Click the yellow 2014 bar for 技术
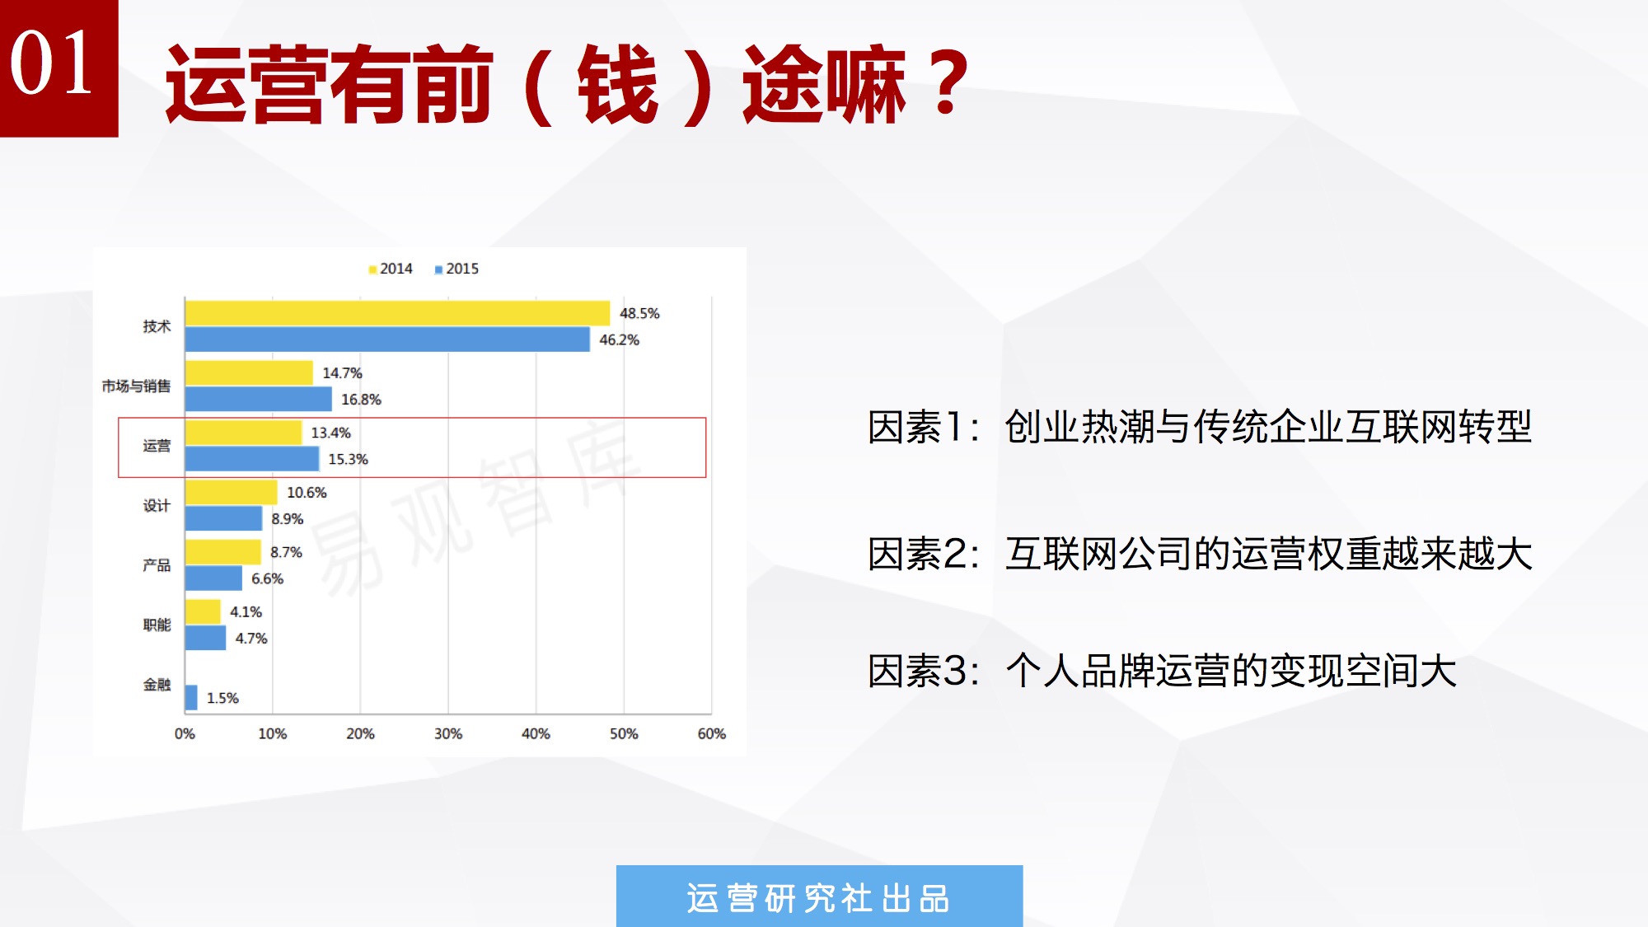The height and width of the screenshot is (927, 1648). [397, 313]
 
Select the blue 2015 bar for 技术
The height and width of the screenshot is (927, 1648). [387, 339]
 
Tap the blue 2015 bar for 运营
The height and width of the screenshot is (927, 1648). [252, 459]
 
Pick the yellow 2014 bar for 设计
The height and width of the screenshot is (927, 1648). [232, 492]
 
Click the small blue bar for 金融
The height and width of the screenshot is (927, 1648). [191, 697]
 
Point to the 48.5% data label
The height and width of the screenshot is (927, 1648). [639, 313]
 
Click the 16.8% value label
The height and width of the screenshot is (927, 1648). [361, 400]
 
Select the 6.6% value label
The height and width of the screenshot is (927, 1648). [267, 578]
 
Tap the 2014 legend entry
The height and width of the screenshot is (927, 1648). [391, 269]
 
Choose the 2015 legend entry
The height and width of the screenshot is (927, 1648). [456, 269]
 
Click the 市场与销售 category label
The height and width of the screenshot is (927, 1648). [136, 386]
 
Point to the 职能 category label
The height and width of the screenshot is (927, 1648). [157, 625]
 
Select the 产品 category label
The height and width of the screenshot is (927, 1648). [157, 565]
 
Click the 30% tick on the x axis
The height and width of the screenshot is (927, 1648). [448, 733]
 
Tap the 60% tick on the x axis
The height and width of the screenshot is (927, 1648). [712, 733]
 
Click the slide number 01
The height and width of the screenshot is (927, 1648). [51, 63]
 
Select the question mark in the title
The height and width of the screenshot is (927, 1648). [948, 82]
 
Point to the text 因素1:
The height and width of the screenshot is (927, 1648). [924, 427]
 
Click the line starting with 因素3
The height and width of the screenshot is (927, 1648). [1162, 671]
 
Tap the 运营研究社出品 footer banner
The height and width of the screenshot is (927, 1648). [819, 897]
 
